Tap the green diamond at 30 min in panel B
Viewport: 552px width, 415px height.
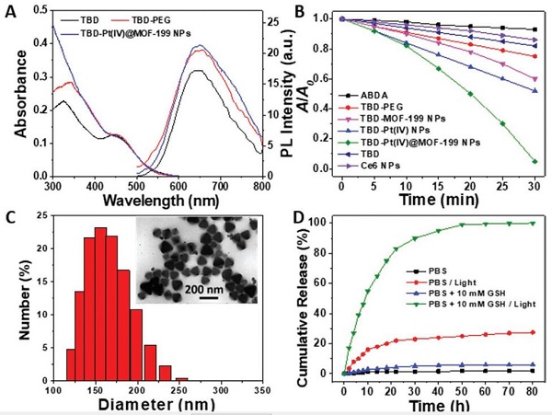535,161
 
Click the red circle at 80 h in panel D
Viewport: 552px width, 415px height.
535,332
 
